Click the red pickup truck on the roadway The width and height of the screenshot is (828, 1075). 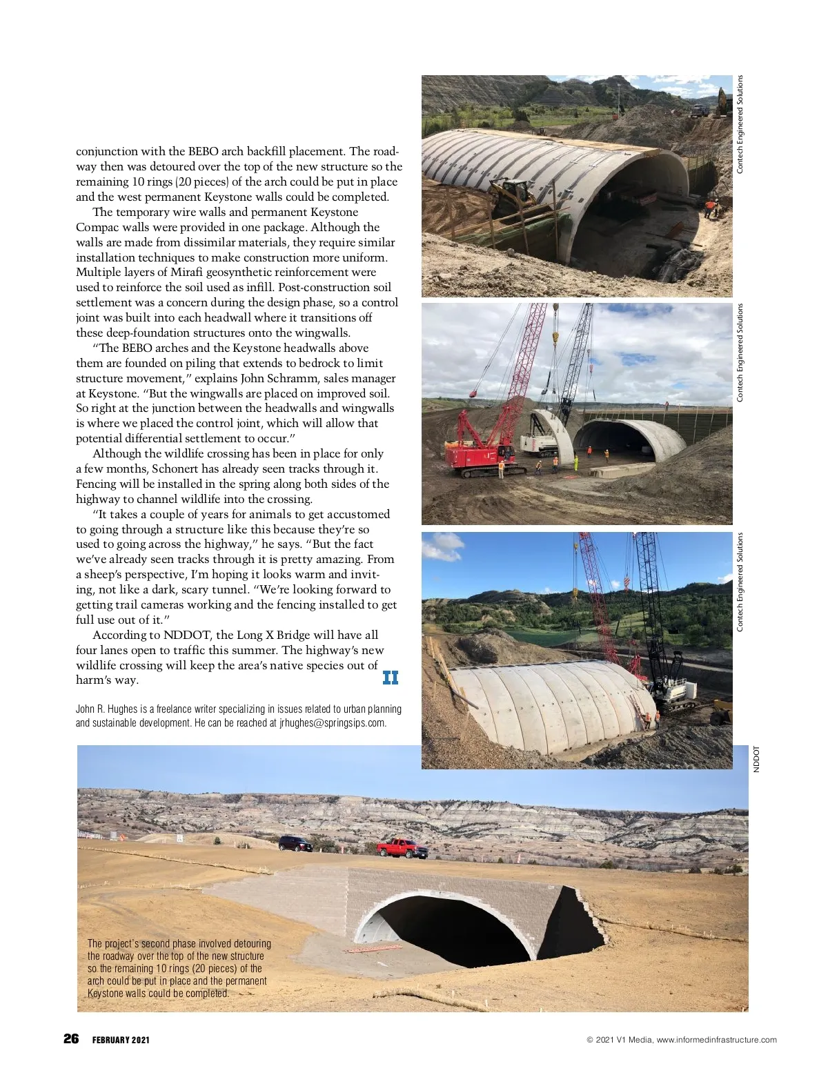click(402, 848)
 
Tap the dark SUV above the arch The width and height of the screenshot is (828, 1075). click(295, 842)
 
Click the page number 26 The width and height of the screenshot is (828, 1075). click(71, 1039)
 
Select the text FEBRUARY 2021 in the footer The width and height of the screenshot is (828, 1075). click(121, 1040)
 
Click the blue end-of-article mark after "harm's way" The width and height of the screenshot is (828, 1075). click(391, 678)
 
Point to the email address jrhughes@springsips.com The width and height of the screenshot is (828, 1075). click(333, 723)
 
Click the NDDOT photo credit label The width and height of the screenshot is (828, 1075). click(756, 759)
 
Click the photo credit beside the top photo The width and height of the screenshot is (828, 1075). click(740, 124)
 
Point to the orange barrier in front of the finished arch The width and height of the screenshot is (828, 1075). click(373, 950)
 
